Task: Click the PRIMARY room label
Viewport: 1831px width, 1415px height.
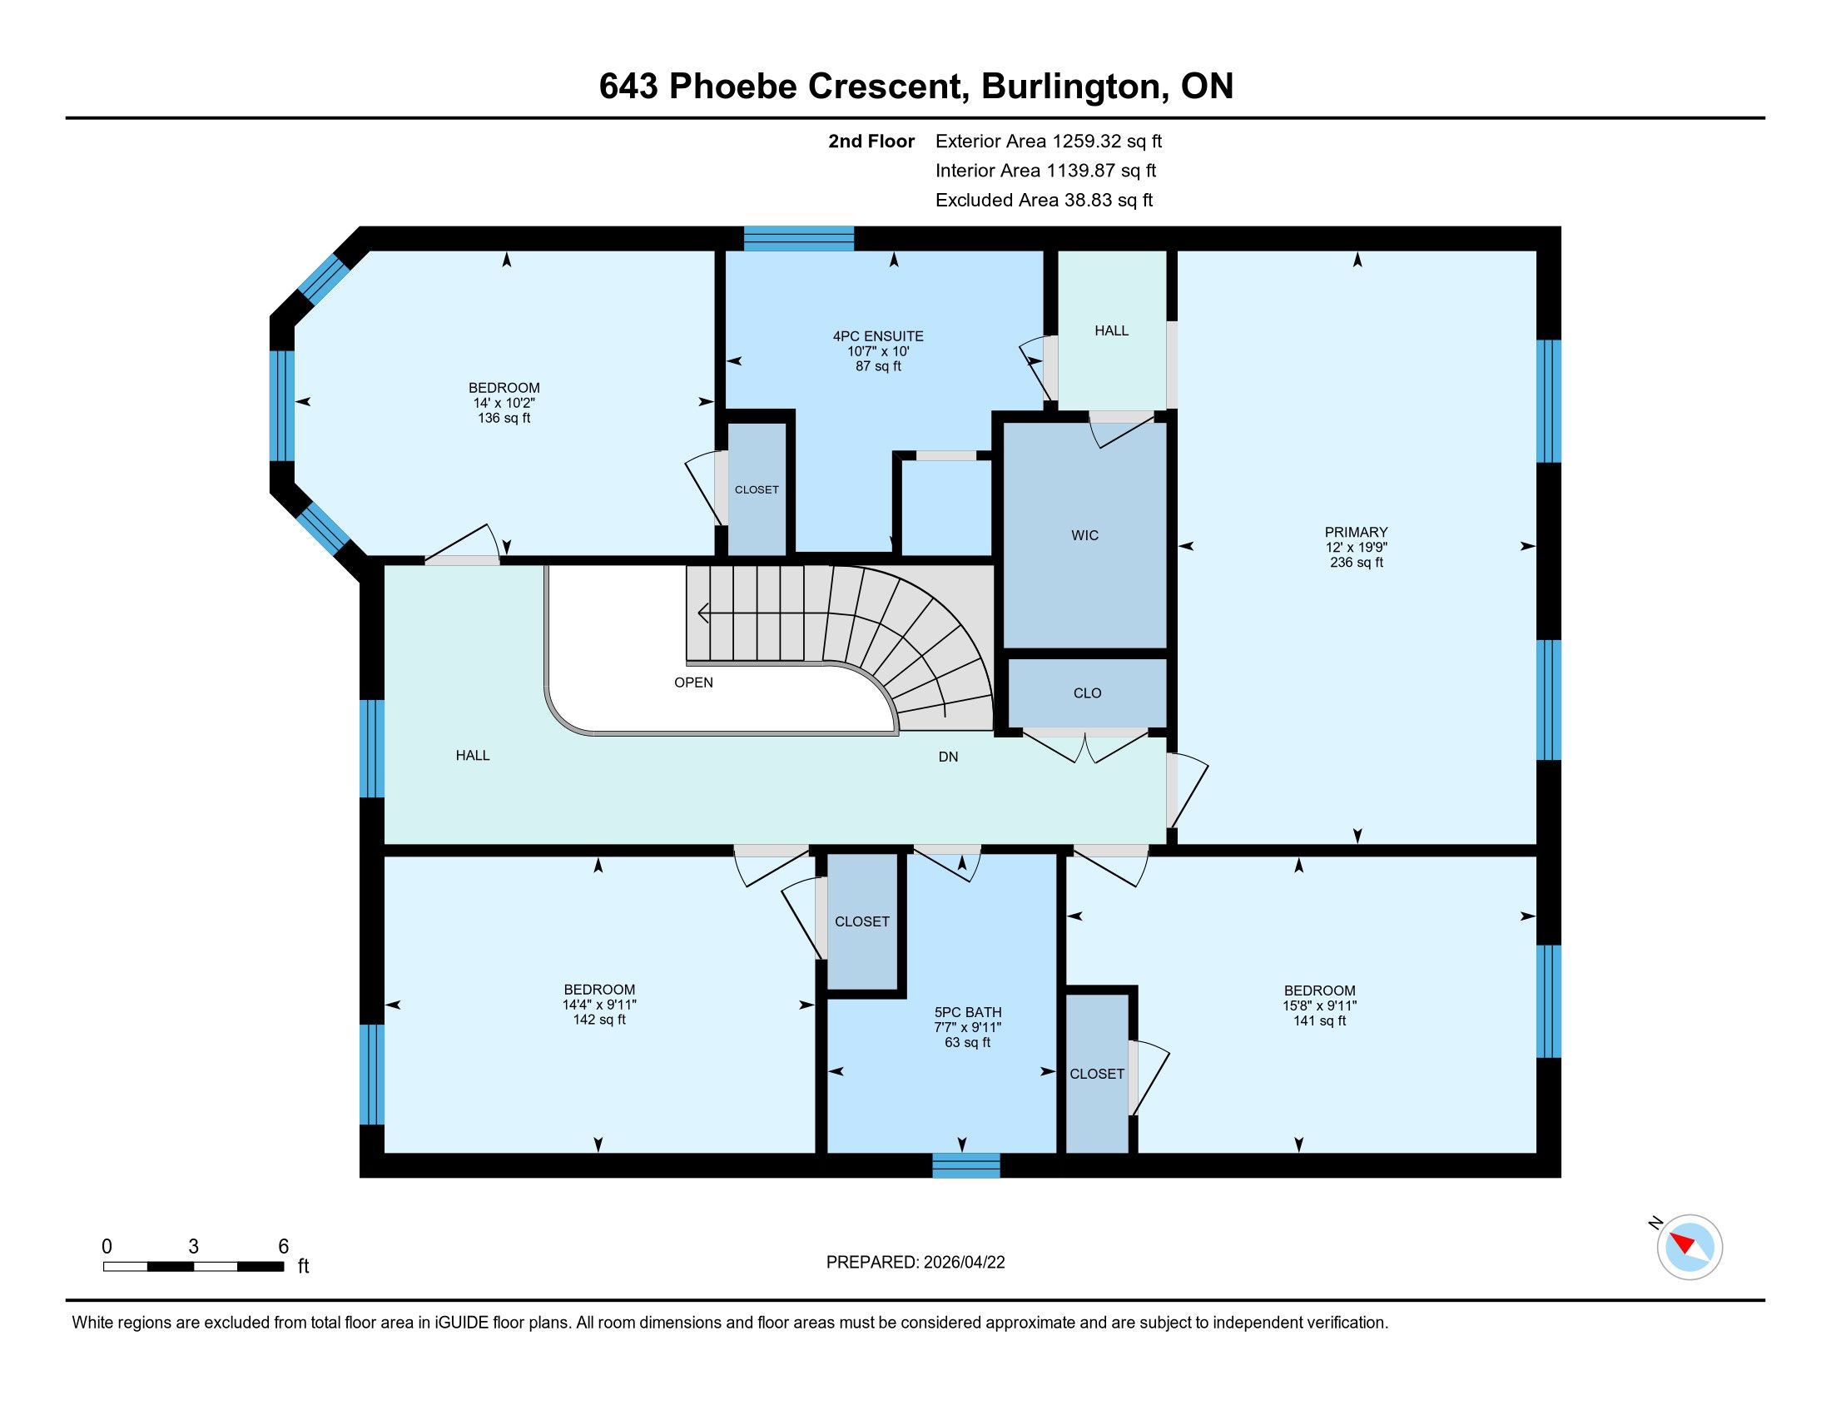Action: tap(1356, 532)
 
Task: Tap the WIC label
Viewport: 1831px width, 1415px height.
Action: tap(1084, 535)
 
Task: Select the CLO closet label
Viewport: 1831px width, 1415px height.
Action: tap(1088, 693)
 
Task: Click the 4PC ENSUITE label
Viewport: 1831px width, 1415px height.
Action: tap(878, 336)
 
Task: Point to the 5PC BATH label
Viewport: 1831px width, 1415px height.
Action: tap(967, 1012)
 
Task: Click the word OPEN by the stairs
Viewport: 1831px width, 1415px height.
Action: tap(693, 683)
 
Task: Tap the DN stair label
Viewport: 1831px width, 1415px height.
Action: tap(948, 756)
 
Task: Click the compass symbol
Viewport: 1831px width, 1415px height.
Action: tap(1690, 1247)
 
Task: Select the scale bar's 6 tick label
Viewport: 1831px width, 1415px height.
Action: tap(283, 1246)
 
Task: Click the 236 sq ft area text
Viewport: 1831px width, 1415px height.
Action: tap(1356, 563)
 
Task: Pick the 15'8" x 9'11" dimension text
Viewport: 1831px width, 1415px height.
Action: tap(1320, 1005)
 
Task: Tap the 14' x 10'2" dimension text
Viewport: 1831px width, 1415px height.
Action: tap(504, 402)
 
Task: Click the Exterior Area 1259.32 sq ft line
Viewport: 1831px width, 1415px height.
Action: tap(1049, 141)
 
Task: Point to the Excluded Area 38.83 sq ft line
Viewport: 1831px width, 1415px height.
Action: tap(1044, 200)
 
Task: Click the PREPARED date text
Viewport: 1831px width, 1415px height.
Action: tap(915, 1262)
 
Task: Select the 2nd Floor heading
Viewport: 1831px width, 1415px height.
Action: tap(871, 141)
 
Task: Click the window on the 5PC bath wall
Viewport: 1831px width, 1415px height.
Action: tap(965, 1165)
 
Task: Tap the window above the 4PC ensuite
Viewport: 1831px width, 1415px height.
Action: tap(798, 239)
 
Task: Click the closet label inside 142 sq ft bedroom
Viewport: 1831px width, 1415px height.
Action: tap(862, 921)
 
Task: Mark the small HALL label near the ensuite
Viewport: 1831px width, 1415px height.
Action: tap(1112, 330)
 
